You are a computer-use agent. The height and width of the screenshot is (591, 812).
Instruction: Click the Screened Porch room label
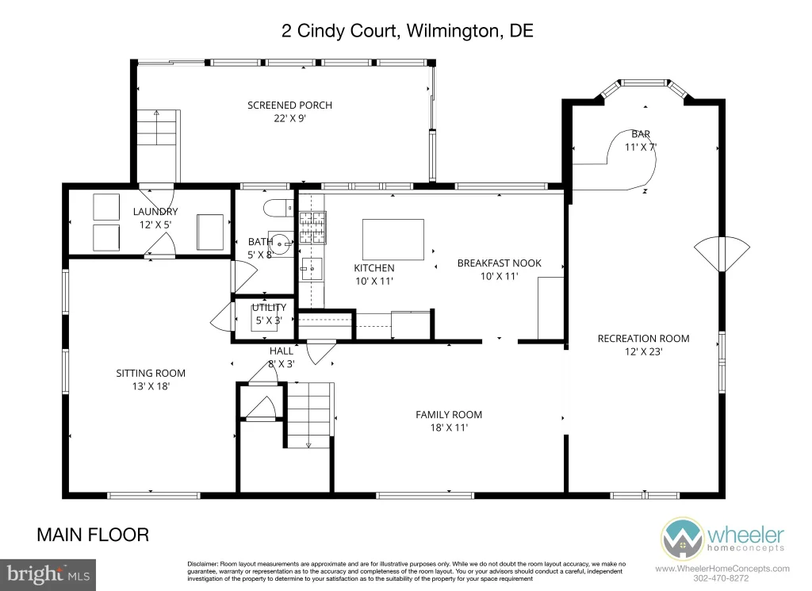[289, 111]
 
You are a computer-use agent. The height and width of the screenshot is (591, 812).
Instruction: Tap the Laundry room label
[155, 217]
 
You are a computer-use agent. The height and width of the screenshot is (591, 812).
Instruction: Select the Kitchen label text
[374, 274]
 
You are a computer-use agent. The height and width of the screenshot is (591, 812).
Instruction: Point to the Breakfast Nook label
[500, 270]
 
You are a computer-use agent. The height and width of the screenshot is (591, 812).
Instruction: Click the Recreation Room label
[643, 345]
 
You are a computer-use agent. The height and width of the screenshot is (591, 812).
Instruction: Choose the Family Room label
[449, 421]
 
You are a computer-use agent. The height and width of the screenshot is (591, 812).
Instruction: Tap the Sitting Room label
[151, 380]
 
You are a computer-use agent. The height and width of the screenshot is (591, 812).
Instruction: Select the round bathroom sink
[281, 243]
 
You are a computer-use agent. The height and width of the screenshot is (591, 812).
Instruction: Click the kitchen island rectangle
[393, 240]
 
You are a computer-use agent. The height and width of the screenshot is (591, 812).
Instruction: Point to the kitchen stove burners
[312, 228]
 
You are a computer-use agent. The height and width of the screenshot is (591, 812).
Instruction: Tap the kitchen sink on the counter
[312, 269]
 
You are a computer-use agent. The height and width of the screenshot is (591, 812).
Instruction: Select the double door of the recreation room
[722, 254]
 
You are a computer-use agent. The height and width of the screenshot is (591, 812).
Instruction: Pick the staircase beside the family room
[309, 416]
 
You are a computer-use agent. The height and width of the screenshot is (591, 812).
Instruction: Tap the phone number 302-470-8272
[721, 578]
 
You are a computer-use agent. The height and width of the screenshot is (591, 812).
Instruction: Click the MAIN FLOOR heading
[93, 535]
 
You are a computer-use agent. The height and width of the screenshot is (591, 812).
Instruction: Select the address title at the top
[407, 31]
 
